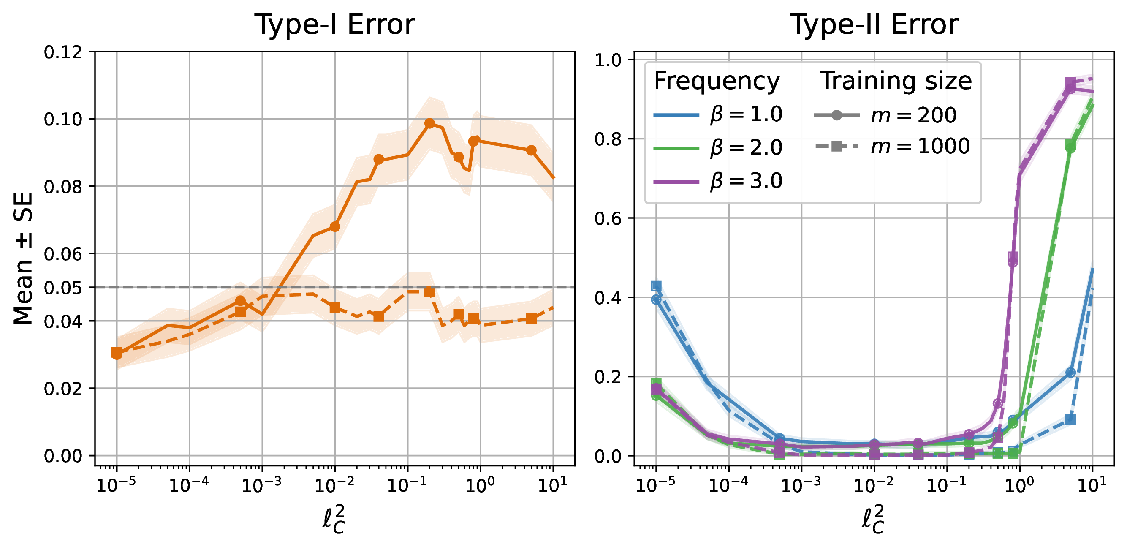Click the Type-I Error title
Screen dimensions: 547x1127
[x=335, y=24]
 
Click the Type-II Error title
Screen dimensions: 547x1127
[x=874, y=24]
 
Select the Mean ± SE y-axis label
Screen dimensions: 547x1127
[x=23, y=258]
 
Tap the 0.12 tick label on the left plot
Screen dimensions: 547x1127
[x=63, y=52]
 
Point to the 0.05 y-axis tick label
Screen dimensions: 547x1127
[x=63, y=288]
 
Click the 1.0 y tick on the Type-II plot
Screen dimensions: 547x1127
[x=608, y=60]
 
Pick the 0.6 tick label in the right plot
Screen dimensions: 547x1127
[x=608, y=218]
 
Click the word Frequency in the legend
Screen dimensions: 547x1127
[x=717, y=82]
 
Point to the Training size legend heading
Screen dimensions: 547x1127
[x=896, y=82]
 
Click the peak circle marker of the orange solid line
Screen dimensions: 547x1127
[x=429, y=123]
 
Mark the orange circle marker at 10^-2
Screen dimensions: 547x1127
[x=335, y=227]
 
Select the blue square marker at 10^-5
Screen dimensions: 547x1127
[x=656, y=286]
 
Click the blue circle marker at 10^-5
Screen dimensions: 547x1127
[x=656, y=300]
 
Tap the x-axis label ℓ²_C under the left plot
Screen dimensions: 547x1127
[x=335, y=520]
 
